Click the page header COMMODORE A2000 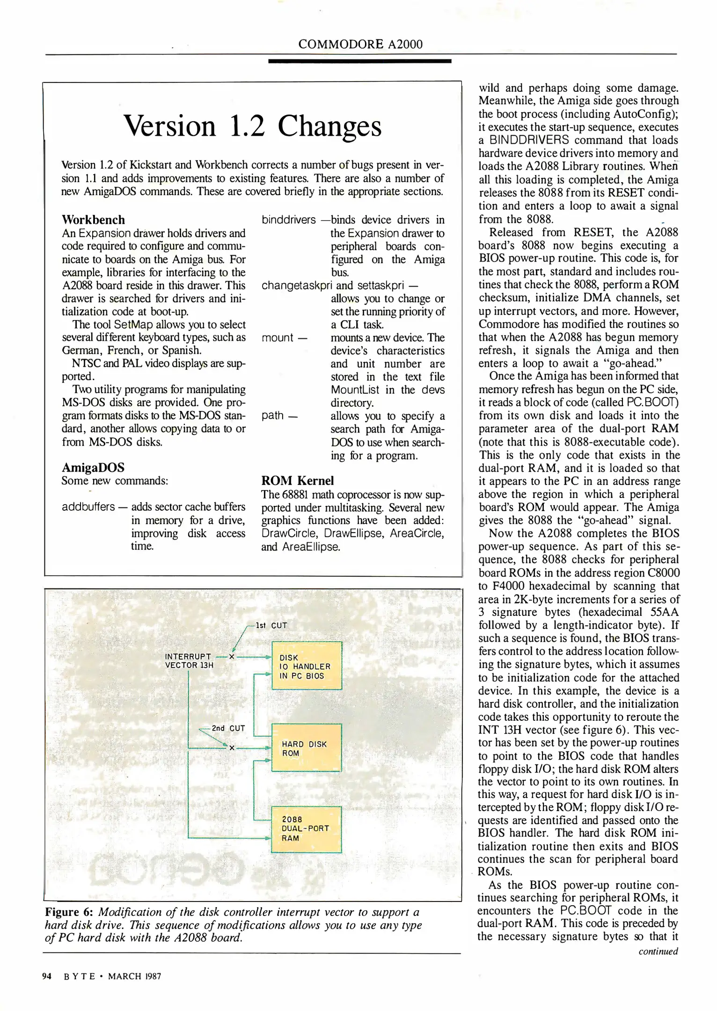pyautogui.click(x=360, y=44)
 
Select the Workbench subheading pyautogui.click(x=93, y=220)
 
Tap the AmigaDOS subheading pyautogui.click(x=93, y=467)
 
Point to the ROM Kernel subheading pyautogui.click(x=297, y=480)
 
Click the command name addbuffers pyautogui.click(x=88, y=507)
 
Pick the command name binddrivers pyautogui.click(x=289, y=220)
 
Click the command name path pyautogui.click(x=273, y=416)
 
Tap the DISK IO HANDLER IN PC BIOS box pyautogui.click(x=307, y=666)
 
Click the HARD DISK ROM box pyautogui.click(x=307, y=748)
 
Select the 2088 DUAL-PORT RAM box pyautogui.click(x=307, y=829)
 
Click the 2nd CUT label pyautogui.click(x=228, y=728)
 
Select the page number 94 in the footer pyautogui.click(x=47, y=976)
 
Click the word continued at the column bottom pyautogui.click(x=658, y=951)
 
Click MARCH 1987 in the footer pyautogui.click(x=134, y=976)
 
